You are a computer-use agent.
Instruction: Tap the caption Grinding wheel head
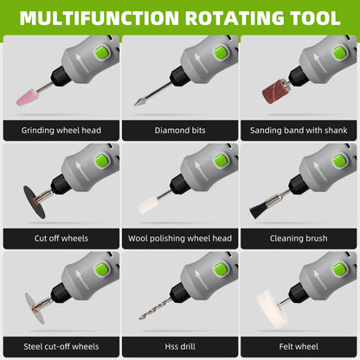tap(61, 131)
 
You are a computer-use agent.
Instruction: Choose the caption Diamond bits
tap(180, 131)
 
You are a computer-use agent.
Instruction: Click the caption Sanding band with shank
tap(299, 131)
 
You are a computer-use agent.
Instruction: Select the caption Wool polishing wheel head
tap(180, 238)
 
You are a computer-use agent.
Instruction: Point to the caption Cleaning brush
tap(299, 238)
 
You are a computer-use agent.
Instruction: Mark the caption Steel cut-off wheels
tap(61, 345)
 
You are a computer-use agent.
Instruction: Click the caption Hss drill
tap(180, 345)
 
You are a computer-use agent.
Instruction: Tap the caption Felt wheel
tap(299, 345)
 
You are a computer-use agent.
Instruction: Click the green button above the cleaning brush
tap(341, 161)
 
